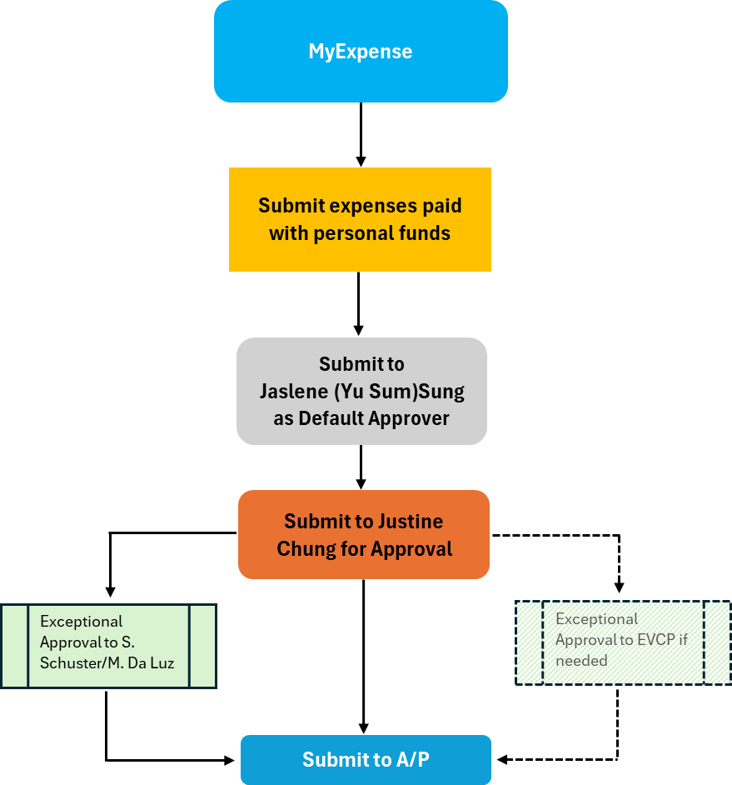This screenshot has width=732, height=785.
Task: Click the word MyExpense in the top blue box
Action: tap(360, 52)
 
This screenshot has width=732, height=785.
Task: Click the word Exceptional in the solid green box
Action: tap(81, 622)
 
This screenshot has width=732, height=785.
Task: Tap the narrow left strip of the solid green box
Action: tap(15, 646)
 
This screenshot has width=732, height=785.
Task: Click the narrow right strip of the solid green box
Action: tap(202, 646)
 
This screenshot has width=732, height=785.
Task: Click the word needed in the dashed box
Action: tap(581, 661)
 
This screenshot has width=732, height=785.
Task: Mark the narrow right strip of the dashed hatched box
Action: tap(717, 642)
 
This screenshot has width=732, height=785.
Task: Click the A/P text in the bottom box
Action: tap(405, 760)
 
